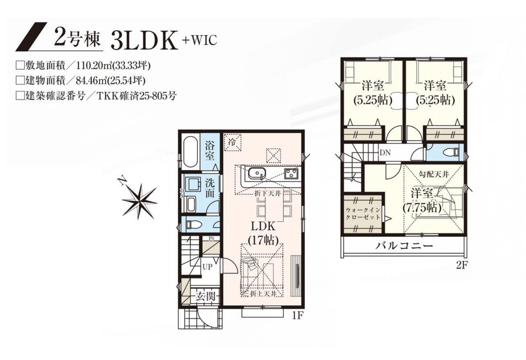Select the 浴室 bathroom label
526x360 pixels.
point(210,150)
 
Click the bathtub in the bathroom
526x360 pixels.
point(190,152)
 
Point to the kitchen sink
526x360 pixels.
point(257,174)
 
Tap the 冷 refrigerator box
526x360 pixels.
point(232,142)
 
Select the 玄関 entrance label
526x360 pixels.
point(205,297)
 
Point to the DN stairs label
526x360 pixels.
point(385,152)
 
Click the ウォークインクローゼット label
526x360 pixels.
point(363,214)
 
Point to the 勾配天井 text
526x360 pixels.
point(434,174)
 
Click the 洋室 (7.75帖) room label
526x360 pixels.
point(422,201)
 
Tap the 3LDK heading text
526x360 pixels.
point(144,41)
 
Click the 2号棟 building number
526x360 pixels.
point(77,39)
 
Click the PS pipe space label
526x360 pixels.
point(211,238)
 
